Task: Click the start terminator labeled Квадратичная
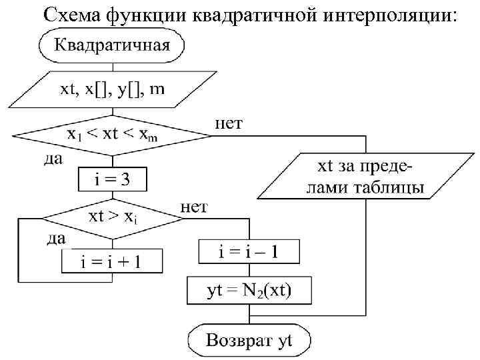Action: pos(111,46)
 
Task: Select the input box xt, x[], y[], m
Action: pos(111,90)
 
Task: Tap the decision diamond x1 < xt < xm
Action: pos(111,135)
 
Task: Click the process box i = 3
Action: pos(111,179)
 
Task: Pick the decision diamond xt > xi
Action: pos(111,217)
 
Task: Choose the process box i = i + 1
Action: pos(111,261)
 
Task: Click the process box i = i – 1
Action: pos(249,252)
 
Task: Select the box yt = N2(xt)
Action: pos(249,290)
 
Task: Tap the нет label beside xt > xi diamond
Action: pos(194,207)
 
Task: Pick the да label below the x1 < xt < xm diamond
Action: pos(51,159)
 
